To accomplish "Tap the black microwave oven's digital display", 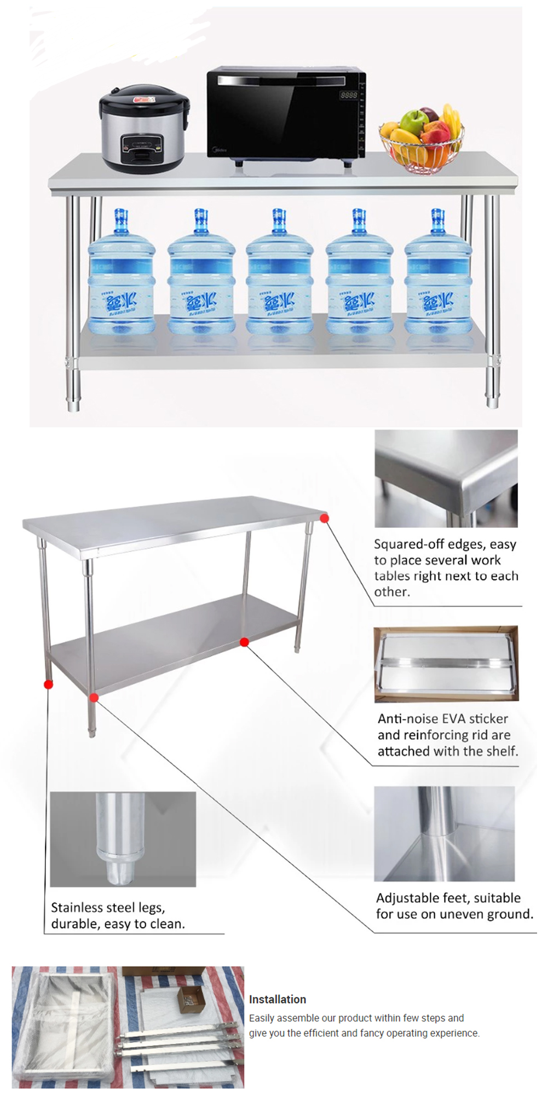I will (349, 95).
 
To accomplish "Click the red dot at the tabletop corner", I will (325, 518).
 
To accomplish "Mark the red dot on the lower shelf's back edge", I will (244, 642).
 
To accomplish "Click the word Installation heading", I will (277, 999).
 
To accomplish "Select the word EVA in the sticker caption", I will (452, 718).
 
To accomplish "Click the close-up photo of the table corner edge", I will (446, 478).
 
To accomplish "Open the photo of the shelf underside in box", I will (446, 664).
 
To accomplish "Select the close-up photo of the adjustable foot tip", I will (123, 839).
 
